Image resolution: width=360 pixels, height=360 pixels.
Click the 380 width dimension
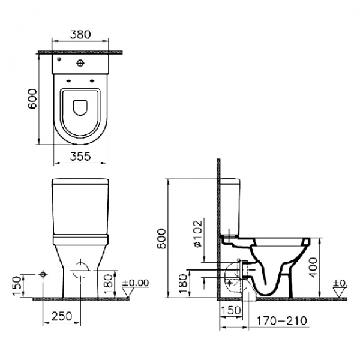pos(80,34)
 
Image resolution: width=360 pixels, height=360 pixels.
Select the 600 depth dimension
pos(32,99)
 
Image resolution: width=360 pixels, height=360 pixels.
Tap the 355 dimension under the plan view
pos(80,157)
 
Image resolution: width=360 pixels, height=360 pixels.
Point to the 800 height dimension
pos(161,238)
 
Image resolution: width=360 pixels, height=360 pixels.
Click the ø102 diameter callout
pos(197,233)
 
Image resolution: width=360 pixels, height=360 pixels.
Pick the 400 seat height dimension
pos(313,268)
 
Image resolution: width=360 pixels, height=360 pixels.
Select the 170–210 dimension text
pos(281,320)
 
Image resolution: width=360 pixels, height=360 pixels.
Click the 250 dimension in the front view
pos(62,316)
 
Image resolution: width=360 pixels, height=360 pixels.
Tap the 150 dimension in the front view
pos(17,286)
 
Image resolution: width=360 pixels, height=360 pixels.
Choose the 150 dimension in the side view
pos(231,310)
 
